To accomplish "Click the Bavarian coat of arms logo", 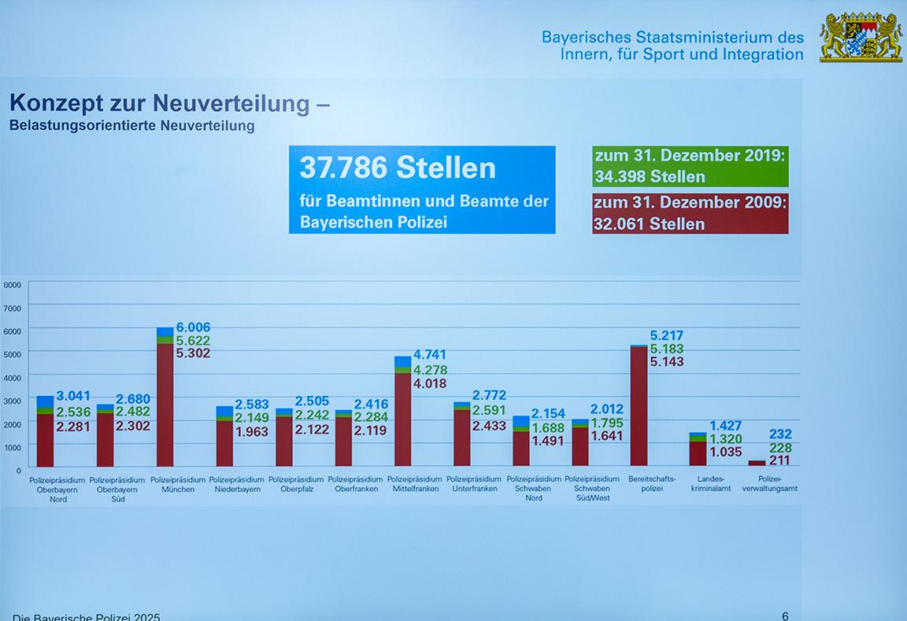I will point(861,37).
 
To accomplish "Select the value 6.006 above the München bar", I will point(193,327).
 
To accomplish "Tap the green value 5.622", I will point(193,341).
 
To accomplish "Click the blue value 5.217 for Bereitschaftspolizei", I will point(667,335).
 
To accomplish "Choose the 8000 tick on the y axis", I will point(12,285).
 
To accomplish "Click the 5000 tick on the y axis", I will point(12,354).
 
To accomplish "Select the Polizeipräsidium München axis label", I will point(178,484).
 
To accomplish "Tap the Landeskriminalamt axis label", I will point(710,484).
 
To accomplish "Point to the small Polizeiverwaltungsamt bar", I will point(757,463).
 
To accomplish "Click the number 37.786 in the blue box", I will point(344,168).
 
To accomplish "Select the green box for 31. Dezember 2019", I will point(690,166).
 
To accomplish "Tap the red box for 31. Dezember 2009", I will point(690,213).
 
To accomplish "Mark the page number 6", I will point(785,615).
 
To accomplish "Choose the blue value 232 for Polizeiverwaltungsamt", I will point(780,434).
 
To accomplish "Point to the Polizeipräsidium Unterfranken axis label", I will point(474,484).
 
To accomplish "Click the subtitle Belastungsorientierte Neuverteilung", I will point(132,126).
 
